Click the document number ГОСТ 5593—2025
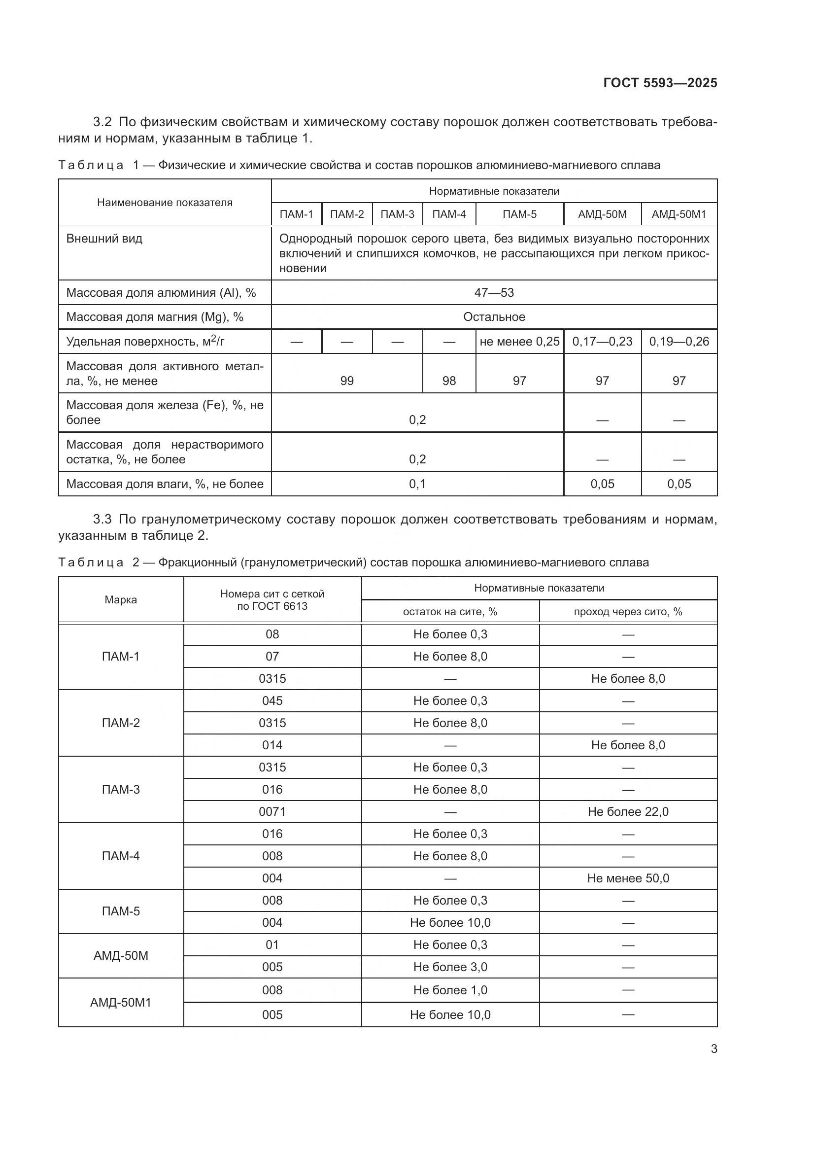tap(660, 83)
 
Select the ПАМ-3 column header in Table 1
tap(397, 214)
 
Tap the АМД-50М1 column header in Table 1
tap(679, 214)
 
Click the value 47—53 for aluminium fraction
tap(494, 293)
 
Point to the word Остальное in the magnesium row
tap(494, 317)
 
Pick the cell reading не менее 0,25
tap(519, 342)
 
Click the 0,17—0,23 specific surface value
tap(602, 342)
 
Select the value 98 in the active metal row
tap(449, 381)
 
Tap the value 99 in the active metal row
tap(347, 381)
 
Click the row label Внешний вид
tap(104, 239)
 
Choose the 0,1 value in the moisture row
tap(417, 484)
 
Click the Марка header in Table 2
tap(120, 599)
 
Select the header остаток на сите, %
tap(450, 612)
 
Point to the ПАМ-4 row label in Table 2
tap(120, 856)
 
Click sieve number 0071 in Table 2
tap(272, 811)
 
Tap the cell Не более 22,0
tap(628, 811)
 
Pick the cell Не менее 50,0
tap(628, 878)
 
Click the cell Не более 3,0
tap(450, 967)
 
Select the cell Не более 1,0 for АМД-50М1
tap(450, 990)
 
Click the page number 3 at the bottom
tap(713, 1048)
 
